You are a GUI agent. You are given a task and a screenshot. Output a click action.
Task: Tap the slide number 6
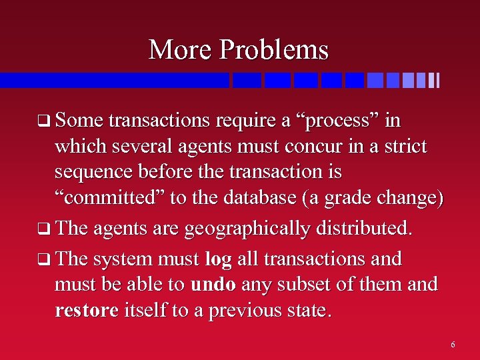coord(453,345)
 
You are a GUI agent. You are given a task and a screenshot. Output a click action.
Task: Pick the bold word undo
coord(213,285)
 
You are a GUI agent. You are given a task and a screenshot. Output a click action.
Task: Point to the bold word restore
coord(87,311)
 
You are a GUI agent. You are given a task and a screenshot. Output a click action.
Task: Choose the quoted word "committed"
coord(106,198)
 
